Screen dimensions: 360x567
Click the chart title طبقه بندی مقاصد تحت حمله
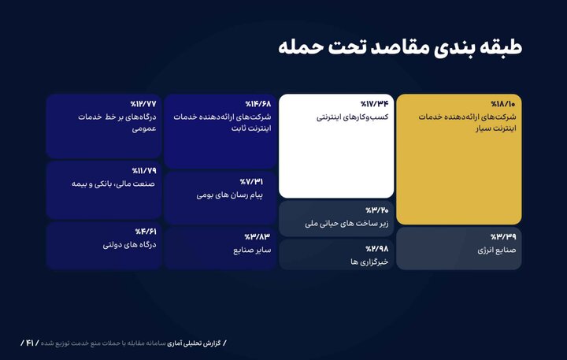[400, 46]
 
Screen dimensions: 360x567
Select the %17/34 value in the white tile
[375, 104]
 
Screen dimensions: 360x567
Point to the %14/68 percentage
[258, 104]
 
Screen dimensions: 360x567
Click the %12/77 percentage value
[143, 104]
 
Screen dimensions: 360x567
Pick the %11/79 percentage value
[143, 170]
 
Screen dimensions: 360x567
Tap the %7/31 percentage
[259, 181]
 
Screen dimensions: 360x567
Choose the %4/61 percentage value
[144, 232]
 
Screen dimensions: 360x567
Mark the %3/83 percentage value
[258, 236]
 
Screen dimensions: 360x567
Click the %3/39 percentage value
[503, 236]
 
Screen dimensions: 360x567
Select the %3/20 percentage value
[377, 210]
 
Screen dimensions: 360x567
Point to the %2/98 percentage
[376, 247]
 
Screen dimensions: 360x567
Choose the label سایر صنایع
[251, 250]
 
